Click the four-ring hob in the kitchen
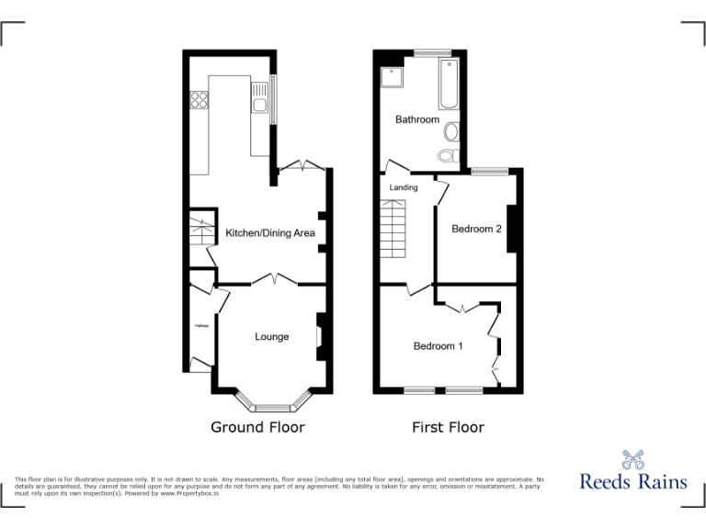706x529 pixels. (x=198, y=100)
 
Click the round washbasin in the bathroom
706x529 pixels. (x=449, y=132)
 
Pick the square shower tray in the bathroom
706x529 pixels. (x=392, y=75)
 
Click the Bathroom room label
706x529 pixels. (x=417, y=119)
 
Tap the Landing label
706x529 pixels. (x=404, y=187)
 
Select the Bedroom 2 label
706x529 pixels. (x=476, y=229)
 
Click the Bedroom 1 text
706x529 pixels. (x=438, y=346)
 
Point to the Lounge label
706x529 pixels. (x=272, y=337)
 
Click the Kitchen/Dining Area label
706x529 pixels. (x=270, y=233)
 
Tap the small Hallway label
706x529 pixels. (x=200, y=326)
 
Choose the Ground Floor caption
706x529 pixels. (x=257, y=427)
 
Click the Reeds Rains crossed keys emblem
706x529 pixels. (x=632, y=459)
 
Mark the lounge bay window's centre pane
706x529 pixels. (x=272, y=405)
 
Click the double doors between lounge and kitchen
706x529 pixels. (x=272, y=279)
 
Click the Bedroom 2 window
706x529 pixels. (x=489, y=170)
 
